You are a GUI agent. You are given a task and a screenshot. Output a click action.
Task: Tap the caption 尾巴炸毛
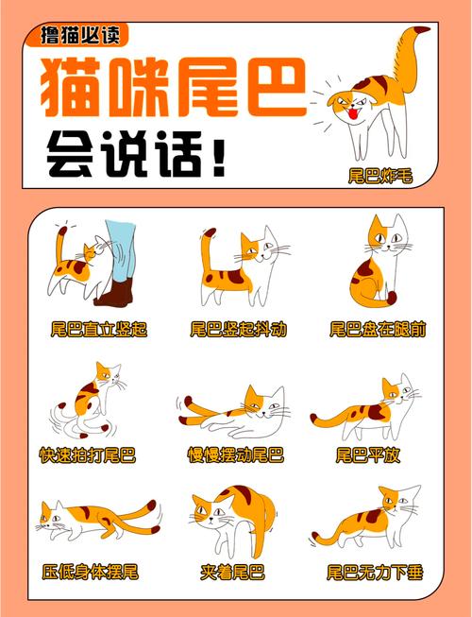tap(379, 175)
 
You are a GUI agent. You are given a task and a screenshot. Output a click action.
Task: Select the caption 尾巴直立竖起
tap(99, 330)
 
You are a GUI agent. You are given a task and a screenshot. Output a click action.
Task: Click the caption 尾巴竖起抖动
tap(238, 330)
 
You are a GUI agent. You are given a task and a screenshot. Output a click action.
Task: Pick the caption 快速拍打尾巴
tap(88, 455)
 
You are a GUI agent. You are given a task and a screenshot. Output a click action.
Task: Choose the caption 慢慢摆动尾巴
tap(236, 455)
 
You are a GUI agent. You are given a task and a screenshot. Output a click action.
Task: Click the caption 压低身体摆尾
tap(91, 573)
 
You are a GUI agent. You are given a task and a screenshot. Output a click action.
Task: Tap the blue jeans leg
tap(120, 250)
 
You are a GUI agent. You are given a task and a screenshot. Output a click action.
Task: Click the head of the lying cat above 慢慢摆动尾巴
tap(267, 404)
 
